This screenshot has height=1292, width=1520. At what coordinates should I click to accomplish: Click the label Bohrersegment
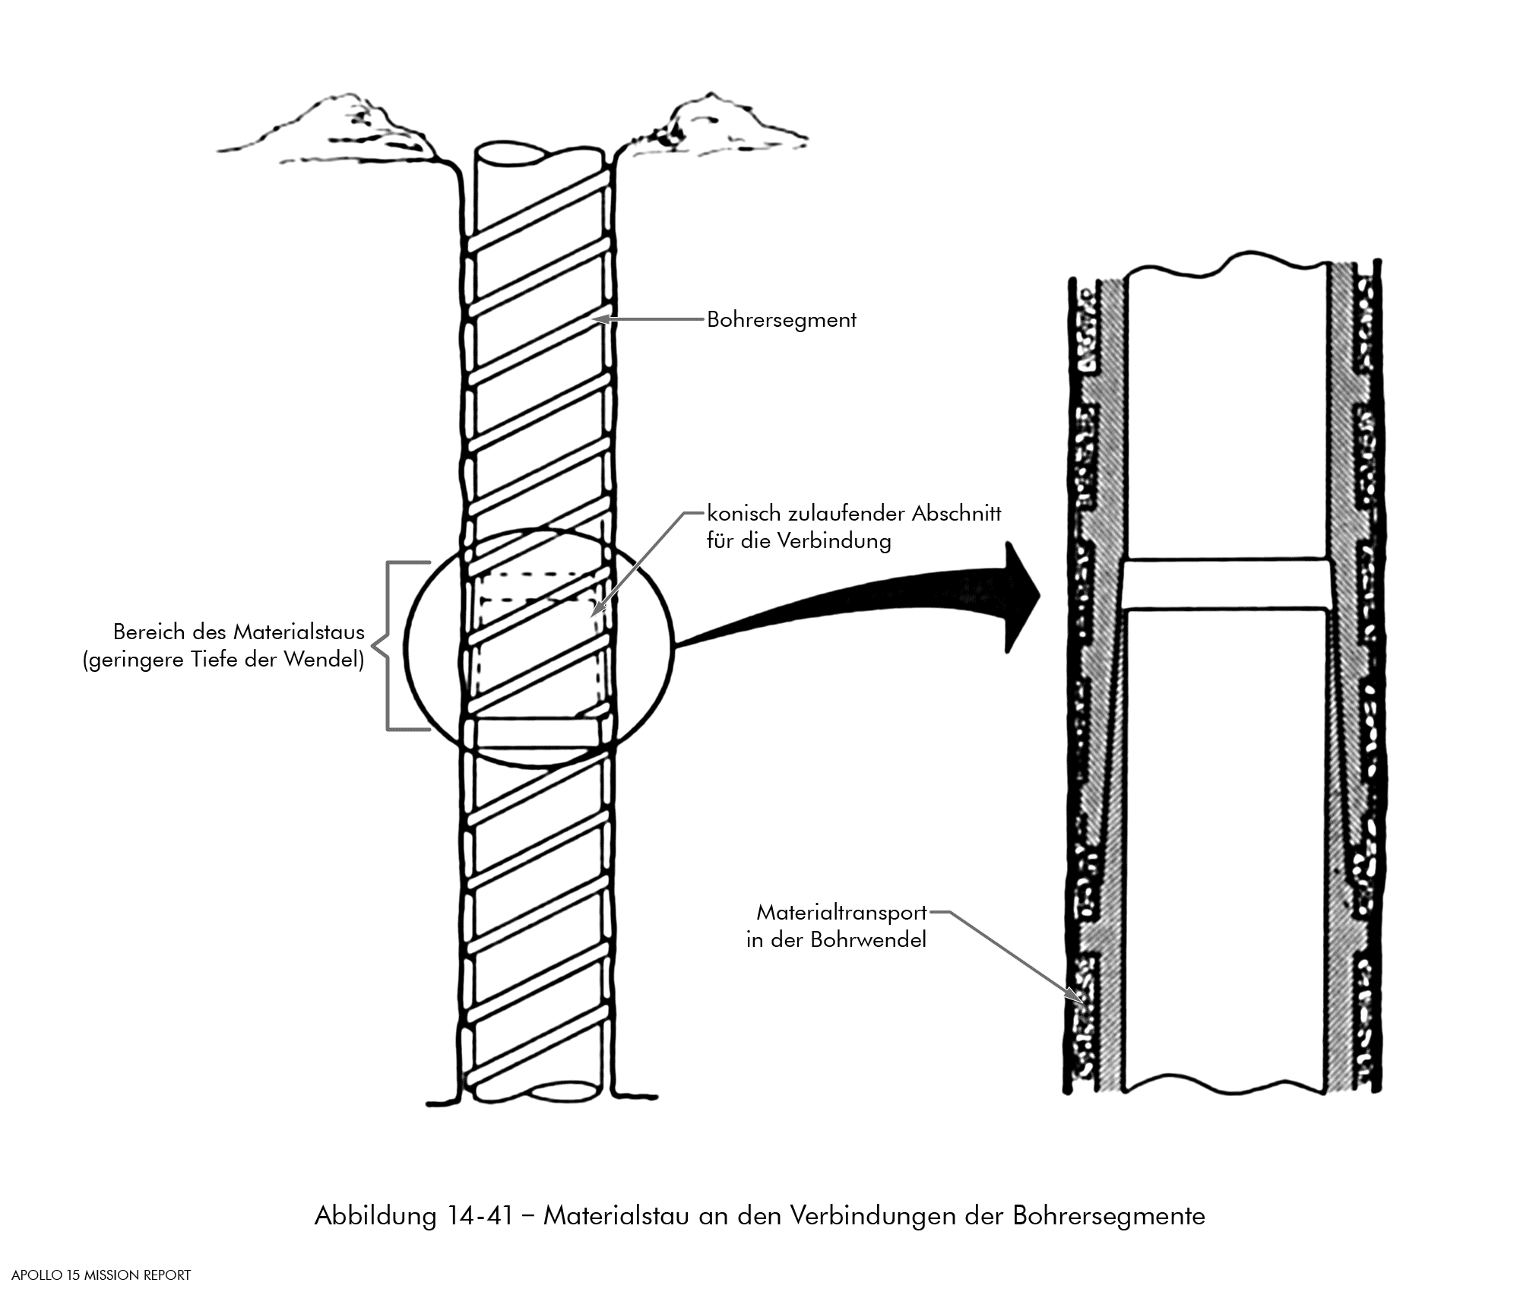tap(781, 320)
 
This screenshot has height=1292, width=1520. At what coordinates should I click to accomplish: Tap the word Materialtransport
tap(841, 912)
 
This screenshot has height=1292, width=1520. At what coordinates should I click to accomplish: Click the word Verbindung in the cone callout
tap(833, 541)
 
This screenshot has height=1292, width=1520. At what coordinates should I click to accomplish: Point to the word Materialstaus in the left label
tap(299, 632)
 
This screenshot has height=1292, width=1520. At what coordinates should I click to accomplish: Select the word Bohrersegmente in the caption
tap(1108, 1216)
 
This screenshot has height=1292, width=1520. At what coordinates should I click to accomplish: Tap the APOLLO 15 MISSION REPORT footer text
tap(101, 1275)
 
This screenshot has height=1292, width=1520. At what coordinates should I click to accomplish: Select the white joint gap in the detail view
tap(1226, 584)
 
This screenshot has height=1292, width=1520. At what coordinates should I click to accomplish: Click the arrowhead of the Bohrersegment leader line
tap(597, 320)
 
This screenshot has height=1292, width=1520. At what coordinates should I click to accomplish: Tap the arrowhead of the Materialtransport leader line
tap(1072, 995)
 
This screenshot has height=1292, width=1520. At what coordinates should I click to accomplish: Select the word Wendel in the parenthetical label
tap(324, 660)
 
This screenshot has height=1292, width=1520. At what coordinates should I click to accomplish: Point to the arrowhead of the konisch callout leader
tap(596, 610)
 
